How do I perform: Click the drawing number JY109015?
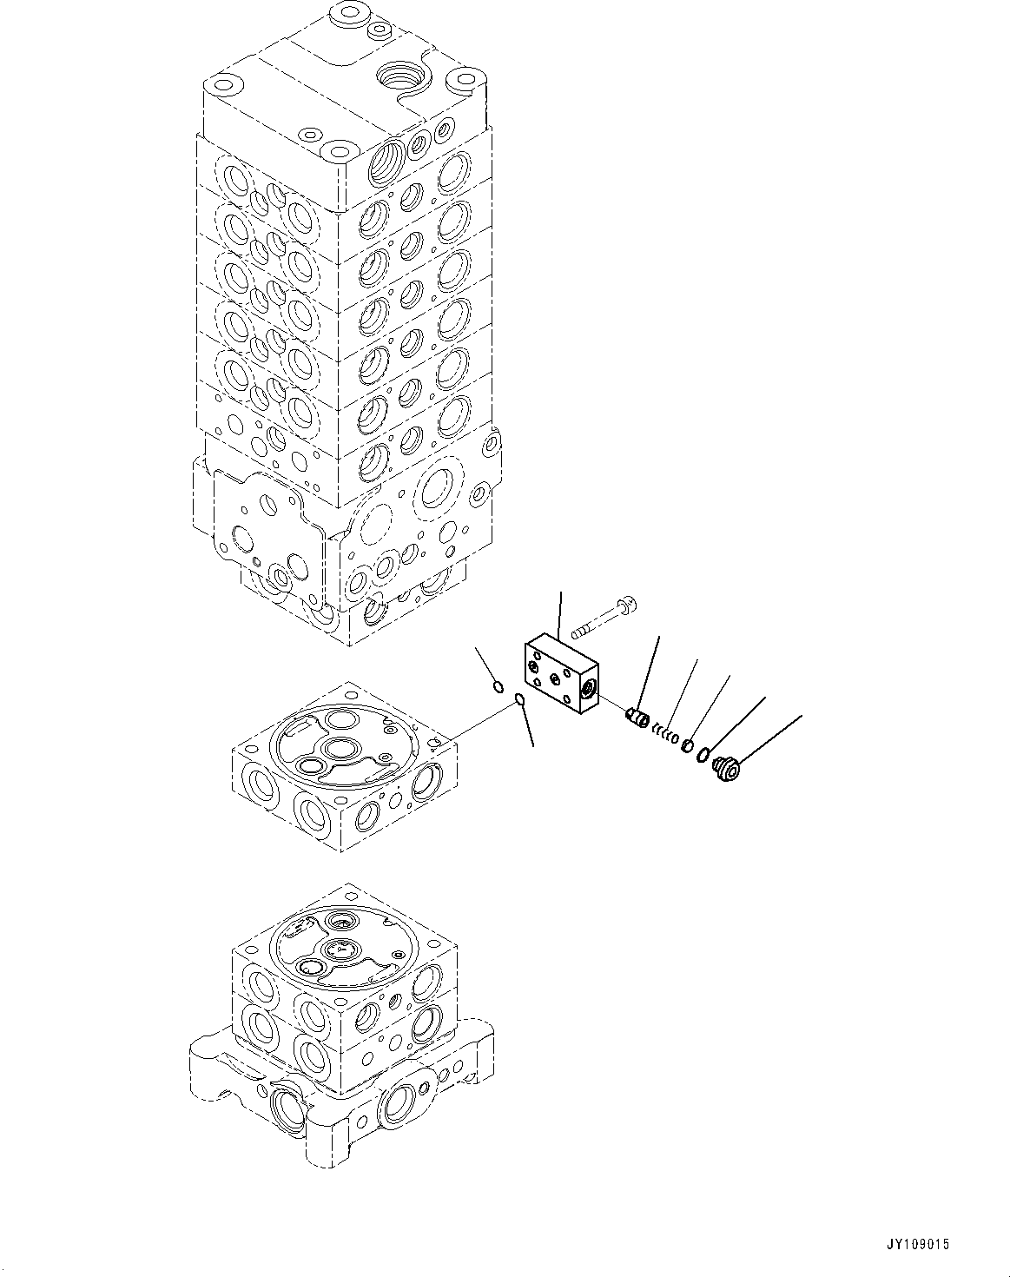(919, 1244)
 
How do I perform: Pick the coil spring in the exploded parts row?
(665, 735)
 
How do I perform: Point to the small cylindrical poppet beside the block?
(638, 718)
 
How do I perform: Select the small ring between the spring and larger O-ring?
(686, 744)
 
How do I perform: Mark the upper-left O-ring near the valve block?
(498, 687)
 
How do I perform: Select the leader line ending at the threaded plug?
(771, 738)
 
